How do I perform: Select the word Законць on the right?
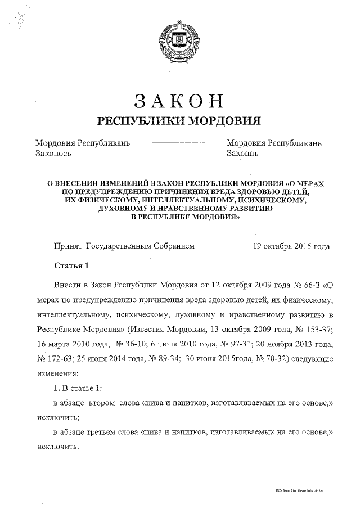(242, 153)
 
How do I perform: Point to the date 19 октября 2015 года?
(291, 246)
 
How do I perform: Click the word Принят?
(67, 246)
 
